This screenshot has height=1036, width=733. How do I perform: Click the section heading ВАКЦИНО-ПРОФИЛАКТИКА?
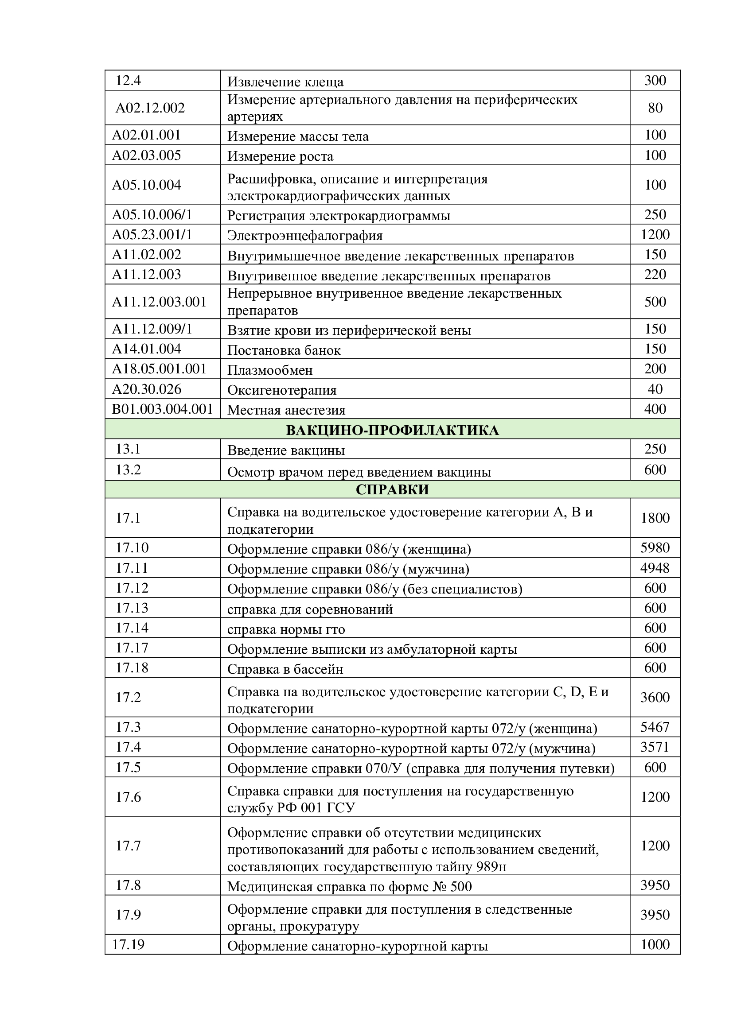[392, 430]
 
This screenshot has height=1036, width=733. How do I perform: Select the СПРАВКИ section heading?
[392, 489]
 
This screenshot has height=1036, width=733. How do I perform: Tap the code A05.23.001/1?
[152, 235]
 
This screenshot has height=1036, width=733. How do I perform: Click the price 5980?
[655, 548]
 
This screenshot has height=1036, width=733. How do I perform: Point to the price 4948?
[655, 568]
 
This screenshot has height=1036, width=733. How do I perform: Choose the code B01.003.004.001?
[163, 409]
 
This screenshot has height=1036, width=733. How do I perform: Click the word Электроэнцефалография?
[304, 236]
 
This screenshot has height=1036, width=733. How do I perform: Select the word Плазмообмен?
[270, 370]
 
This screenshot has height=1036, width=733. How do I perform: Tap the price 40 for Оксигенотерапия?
[655, 389]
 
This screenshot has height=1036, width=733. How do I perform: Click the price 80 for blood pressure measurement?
[655, 108]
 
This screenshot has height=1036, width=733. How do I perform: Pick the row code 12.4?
[128, 81]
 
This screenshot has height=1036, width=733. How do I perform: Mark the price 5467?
[655, 727]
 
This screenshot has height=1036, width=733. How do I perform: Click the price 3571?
[655, 747]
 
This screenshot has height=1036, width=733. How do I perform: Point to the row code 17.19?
[128, 944]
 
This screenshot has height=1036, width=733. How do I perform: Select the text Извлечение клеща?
[285, 81]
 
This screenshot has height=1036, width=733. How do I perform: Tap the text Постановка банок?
[284, 350]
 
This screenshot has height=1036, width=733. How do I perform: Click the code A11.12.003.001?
[160, 302]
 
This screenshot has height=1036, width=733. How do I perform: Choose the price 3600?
[655, 698]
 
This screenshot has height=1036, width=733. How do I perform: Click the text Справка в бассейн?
[285, 669]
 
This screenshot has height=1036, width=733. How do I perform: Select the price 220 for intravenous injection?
[655, 274]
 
